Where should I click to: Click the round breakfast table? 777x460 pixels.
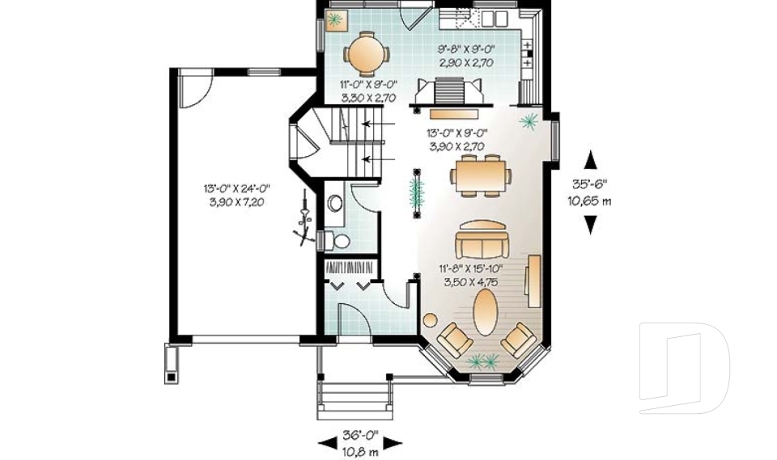click(366, 55)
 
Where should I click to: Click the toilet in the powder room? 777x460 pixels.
click(338, 240)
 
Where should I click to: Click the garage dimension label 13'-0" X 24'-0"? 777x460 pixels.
click(236, 188)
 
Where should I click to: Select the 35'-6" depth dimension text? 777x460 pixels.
click(591, 184)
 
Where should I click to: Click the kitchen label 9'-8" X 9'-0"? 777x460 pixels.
click(465, 49)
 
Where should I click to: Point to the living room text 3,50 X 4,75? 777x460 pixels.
click(470, 283)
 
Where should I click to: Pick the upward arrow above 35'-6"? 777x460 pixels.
click(591, 158)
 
